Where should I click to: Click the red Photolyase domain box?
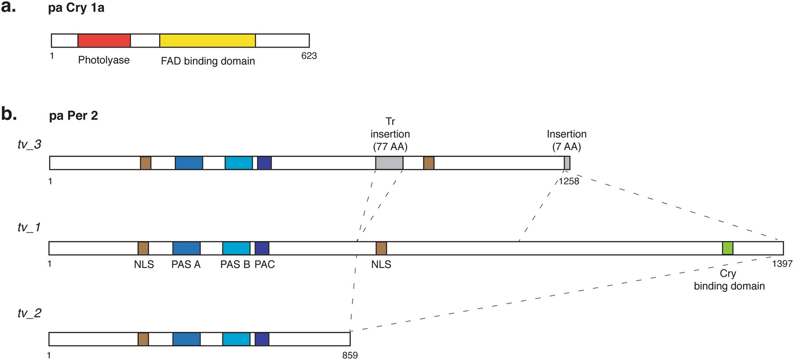104,40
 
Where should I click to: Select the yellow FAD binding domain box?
207,40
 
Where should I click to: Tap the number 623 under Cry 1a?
308,56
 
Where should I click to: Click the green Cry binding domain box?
728,248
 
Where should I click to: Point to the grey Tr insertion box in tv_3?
389,163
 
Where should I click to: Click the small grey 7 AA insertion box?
567,163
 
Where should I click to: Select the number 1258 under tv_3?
569,181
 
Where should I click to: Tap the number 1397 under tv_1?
782,264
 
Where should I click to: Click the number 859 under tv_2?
349,356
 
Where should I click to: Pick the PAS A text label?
186,264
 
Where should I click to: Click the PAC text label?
265,264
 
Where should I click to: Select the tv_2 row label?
29,313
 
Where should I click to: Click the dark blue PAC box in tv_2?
262,339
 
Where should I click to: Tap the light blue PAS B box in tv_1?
236,248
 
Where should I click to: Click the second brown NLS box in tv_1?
381,248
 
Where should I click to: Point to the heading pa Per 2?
74,116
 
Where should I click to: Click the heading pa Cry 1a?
76,9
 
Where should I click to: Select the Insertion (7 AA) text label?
566,140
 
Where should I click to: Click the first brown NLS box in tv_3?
146,163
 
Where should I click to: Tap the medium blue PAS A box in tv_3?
189,163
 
